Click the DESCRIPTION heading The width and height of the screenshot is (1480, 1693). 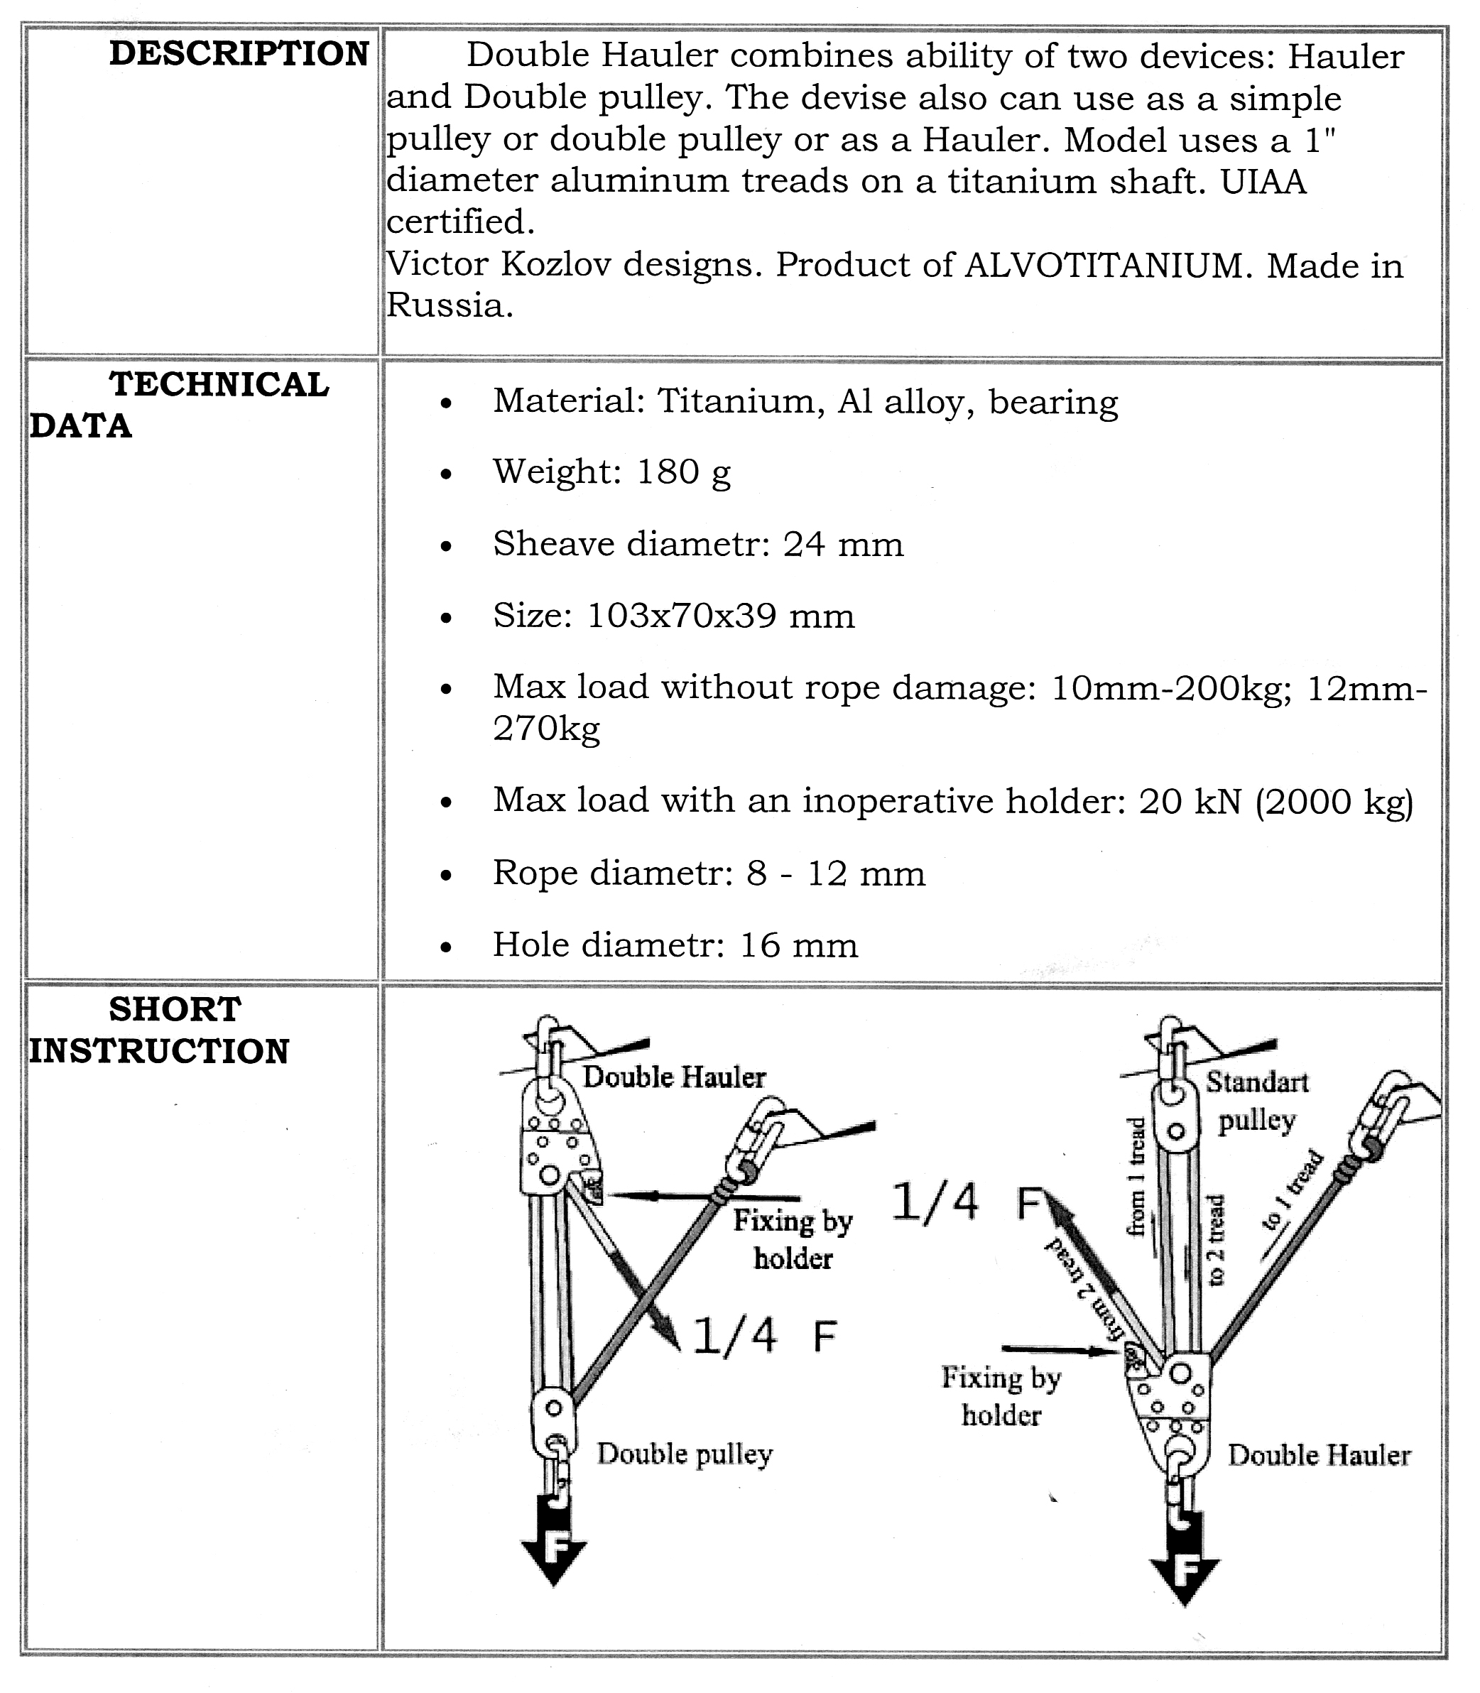coord(239,55)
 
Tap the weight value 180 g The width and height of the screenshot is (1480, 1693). coord(684,472)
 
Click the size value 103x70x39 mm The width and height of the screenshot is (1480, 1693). coord(720,616)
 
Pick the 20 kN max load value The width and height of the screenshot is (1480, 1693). coord(1190,801)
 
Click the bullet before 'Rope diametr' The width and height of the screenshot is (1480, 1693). coord(446,876)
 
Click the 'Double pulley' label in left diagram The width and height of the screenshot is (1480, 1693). coord(685,1454)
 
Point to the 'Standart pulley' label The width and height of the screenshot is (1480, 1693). coord(1257,1101)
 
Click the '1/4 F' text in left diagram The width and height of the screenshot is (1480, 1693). coord(764,1337)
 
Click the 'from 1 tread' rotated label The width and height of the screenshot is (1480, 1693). coord(1137,1177)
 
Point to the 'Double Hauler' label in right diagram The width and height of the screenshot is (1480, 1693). coord(1319,1455)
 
